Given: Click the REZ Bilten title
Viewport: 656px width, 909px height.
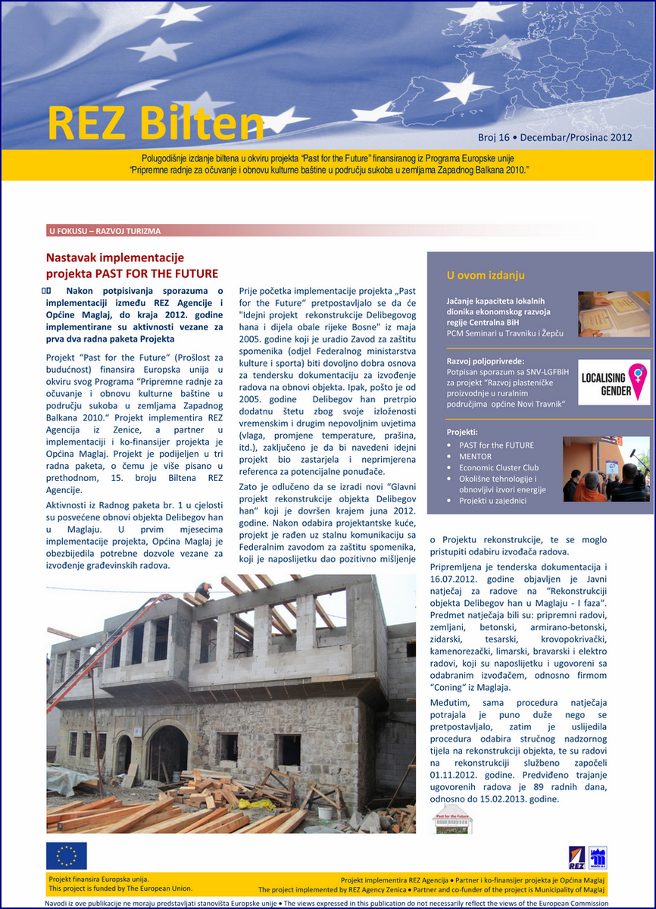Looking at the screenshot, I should point(155,122).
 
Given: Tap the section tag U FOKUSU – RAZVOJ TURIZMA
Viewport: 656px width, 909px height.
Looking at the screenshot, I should point(105,231).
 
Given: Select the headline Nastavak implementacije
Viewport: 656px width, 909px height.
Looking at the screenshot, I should point(115,258).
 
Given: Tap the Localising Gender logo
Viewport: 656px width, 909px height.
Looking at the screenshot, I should point(614,382).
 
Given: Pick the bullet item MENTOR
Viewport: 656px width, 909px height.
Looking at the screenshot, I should point(475,456).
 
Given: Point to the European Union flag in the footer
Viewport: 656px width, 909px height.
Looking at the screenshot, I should point(67,856).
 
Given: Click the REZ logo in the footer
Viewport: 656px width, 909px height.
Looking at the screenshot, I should point(576,858).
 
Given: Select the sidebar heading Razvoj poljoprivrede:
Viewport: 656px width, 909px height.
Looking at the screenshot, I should point(486,361).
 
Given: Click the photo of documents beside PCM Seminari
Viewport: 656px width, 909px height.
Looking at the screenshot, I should point(614,314).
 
